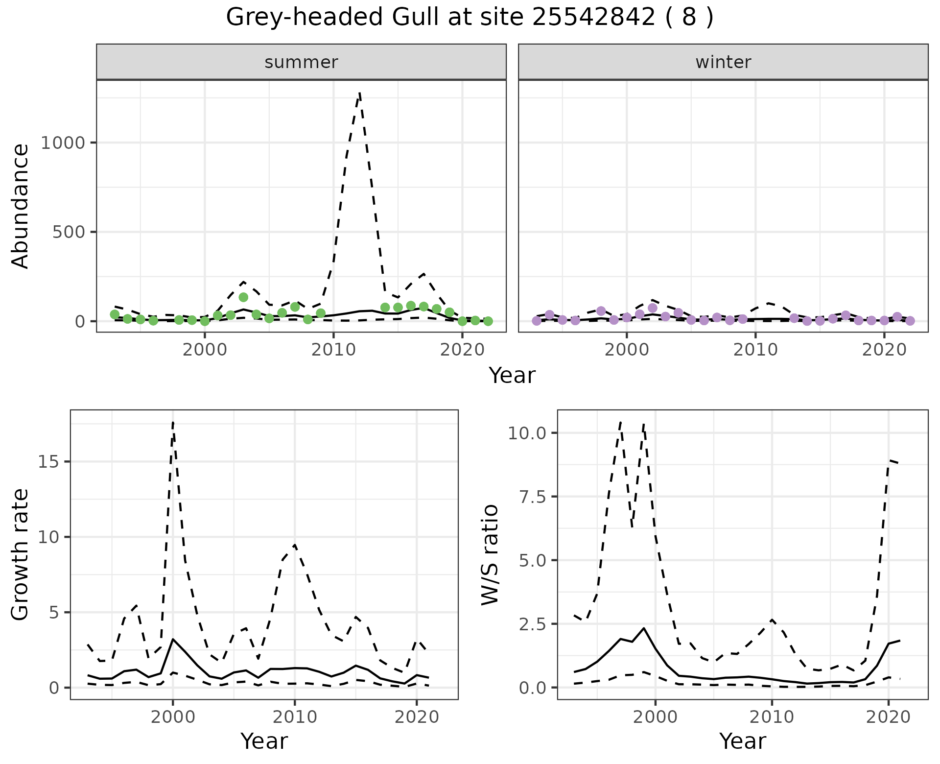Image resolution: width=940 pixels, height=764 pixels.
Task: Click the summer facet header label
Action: click(x=301, y=62)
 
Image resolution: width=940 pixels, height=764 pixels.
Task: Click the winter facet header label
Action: click(x=723, y=62)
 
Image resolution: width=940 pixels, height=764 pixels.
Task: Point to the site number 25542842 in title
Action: click(x=593, y=18)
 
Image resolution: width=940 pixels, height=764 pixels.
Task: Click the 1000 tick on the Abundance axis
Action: click(x=63, y=143)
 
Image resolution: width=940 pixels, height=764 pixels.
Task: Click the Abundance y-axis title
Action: click(x=21, y=206)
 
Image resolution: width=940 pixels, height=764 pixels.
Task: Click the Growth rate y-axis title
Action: click(x=21, y=555)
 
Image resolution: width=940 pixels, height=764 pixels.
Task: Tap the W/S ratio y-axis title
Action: click(x=490, y=555)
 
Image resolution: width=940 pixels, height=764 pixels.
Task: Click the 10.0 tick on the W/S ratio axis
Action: click(x=527, y=433)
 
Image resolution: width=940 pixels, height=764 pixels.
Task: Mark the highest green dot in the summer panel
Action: click(x=243, y=297)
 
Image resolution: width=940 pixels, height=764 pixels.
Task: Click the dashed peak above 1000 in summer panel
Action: click(x=360, y=93)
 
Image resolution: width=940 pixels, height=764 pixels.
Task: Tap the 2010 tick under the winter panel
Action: click(x=755, y=350)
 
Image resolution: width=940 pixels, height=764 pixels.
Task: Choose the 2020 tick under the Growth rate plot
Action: click(x=416, y=717)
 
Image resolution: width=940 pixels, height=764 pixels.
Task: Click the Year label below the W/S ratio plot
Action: click(x=742, y=741)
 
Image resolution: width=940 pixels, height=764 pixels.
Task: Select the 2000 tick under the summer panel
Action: click(x=205, y=350)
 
